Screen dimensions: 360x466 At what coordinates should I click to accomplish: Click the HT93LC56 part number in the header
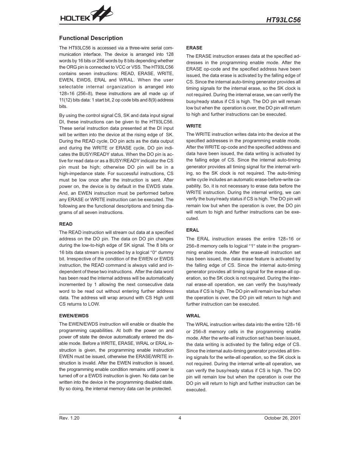283,20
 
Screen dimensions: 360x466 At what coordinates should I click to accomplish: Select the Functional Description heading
91,38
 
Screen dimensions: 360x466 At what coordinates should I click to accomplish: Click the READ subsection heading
66,224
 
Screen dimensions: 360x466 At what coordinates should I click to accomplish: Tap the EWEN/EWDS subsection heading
74,316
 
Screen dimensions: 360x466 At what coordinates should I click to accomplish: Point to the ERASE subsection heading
194,48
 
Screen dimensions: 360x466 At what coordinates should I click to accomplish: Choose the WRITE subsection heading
194,126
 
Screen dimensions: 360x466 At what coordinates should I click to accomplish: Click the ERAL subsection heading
192,230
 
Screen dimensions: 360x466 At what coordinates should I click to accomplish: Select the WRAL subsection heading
193,316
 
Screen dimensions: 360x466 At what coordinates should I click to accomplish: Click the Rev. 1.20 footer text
69,418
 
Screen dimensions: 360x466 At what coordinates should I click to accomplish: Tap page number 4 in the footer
180,418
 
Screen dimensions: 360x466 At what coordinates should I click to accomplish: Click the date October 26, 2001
282,418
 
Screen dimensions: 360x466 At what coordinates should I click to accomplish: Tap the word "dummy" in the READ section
166,252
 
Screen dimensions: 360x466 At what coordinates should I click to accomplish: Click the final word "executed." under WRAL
196,390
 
